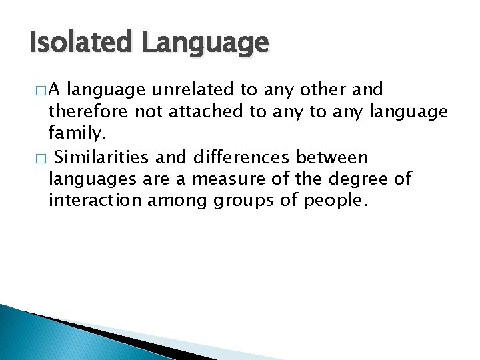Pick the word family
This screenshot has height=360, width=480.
[x=77, y=135]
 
